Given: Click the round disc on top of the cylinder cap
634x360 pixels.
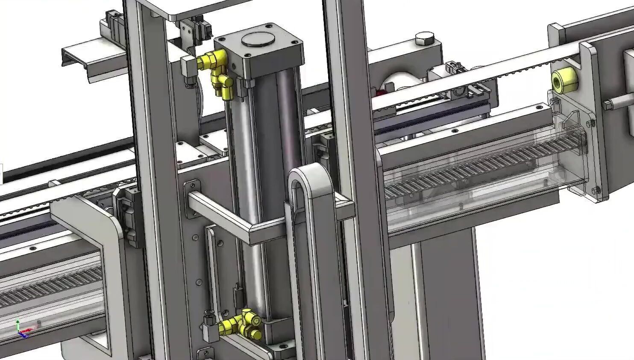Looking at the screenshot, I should pyautogui.click(x=258, y=39).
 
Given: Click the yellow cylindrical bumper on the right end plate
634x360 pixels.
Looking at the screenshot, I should pyautogui.click(x=564, y=80).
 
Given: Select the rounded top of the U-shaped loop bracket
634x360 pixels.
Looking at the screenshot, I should pyautogui.click(x=309, y=175).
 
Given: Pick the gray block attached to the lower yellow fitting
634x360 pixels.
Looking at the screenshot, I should pyautogui.click(x=209, y=329).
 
